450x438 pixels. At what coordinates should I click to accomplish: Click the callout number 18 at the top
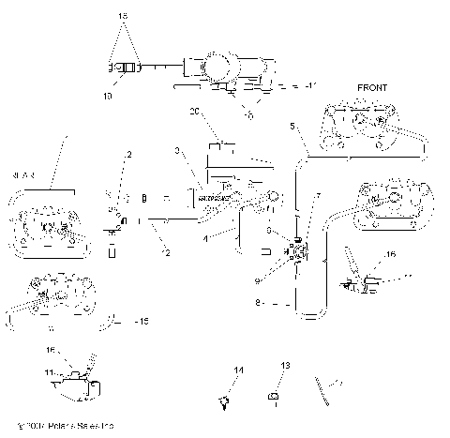[120, 17]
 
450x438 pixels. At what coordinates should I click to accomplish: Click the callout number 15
[143, 322]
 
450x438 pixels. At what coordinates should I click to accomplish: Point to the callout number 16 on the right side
[391, 253]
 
